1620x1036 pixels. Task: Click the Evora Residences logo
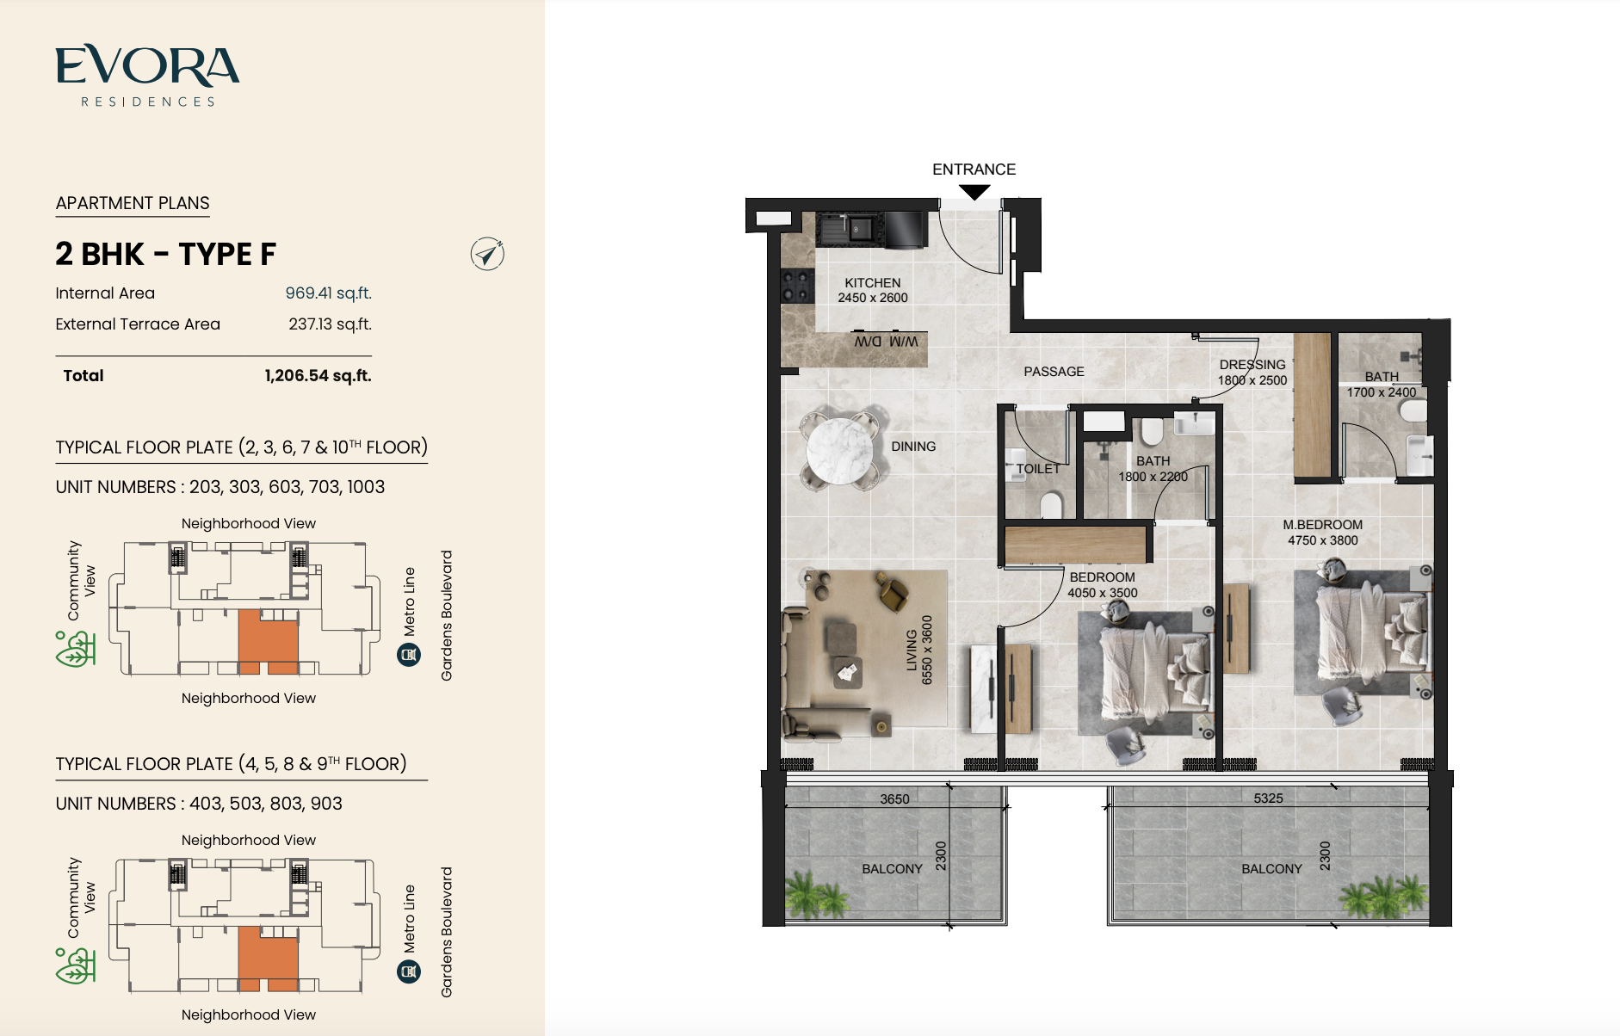tap(147, 76)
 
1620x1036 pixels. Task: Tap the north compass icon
tap(487, 254)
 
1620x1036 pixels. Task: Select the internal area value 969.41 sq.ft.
tap(328, 293)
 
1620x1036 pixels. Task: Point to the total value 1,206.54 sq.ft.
tap(318, 376)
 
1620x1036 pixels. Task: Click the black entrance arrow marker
tap(974, 193)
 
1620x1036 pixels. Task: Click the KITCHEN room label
tap(873, 283)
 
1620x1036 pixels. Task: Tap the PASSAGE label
tap(1054, 372)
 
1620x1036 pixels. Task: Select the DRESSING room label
tap(1252, 365)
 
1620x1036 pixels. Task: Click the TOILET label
tap(1038, 469)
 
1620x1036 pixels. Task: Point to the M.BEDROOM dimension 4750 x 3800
tap(1322, 540)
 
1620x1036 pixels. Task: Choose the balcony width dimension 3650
tap(894, 799)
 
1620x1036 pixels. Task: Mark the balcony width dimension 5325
tap(1268, 799)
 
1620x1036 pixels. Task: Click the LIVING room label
tap(912, 651)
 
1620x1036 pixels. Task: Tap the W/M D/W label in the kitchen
tap(886, 342)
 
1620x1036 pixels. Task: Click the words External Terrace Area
tap(138, 324)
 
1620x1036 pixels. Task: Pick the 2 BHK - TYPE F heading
tap(165, 255)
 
